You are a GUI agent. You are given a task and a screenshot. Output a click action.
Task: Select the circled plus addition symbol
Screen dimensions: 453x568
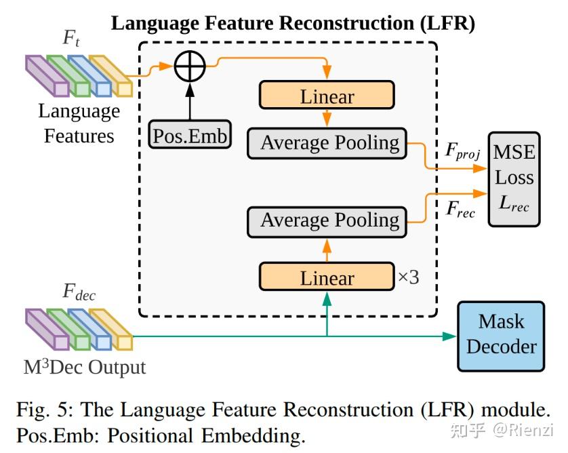190,67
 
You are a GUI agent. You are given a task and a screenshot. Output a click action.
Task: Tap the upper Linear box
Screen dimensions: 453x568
327,96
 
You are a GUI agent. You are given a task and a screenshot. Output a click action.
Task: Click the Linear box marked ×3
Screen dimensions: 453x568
327,277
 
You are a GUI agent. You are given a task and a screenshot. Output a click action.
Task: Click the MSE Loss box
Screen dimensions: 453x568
514,177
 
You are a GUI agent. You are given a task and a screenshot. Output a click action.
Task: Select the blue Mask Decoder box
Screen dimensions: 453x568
501,336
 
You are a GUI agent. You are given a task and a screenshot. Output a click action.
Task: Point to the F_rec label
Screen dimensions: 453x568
460,210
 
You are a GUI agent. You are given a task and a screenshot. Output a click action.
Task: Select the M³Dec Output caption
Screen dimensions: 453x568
85,368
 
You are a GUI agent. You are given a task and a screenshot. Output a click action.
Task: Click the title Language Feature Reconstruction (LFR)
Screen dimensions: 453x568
293,23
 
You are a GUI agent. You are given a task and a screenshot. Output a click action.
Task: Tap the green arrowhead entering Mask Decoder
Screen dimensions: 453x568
451,336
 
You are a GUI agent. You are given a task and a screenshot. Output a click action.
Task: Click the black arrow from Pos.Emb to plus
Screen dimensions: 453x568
190,102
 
